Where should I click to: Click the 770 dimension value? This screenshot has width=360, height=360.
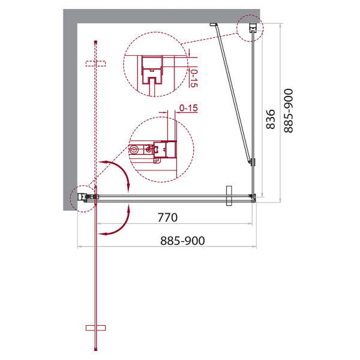(167, 217)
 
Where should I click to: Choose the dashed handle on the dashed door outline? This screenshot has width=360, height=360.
(95, 63)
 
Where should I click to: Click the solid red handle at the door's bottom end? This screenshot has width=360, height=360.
(95, 328)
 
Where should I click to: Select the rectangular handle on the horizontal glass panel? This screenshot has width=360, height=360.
(228, 196)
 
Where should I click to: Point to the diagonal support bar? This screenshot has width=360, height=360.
(231, 93)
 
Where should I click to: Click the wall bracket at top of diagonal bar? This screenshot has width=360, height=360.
(213, 25)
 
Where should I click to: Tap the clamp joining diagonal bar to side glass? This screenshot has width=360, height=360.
(253, 162)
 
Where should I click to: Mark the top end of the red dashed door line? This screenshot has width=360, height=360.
(95, 41)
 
